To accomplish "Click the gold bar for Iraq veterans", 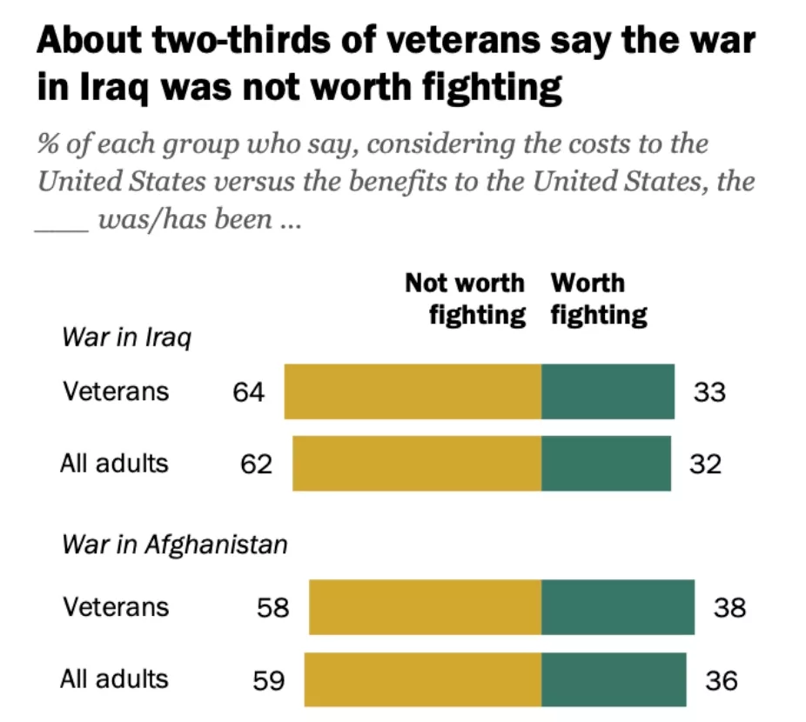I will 413,392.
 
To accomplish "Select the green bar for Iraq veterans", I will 608,392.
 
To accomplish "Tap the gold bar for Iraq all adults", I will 416,464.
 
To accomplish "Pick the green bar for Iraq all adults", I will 606,464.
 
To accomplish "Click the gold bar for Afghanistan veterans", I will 425,606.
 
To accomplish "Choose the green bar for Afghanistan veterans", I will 618,606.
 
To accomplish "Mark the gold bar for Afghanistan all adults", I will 422,679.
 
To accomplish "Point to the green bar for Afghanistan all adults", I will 613,679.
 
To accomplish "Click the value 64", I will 248,392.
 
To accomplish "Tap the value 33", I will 709,392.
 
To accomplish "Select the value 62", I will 256,464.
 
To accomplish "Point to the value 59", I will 269,679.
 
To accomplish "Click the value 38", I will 729,606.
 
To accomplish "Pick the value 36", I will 722,679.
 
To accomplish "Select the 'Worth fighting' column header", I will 598,298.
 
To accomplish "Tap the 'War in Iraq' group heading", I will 125,338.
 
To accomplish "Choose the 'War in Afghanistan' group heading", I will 174,545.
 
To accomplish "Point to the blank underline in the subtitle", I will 61,228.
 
